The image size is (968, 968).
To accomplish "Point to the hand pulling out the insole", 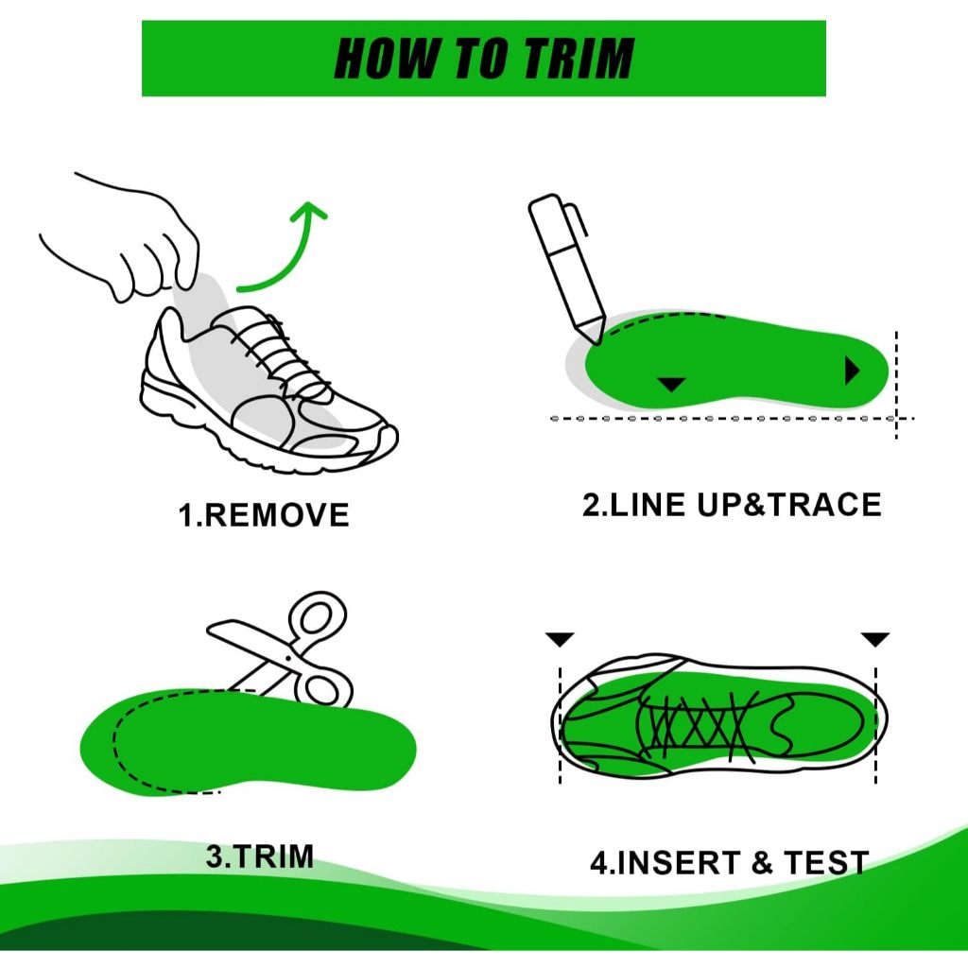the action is (124, 241).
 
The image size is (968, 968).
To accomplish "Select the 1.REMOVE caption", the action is (264, 515).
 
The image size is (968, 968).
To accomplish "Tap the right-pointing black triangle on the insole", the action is (853, 371).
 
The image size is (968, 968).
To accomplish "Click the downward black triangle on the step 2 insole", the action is (672, 384).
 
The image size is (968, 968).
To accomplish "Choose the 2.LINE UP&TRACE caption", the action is (732, 505).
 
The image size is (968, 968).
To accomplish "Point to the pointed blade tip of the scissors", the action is (211, 629).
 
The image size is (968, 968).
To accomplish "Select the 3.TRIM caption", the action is (260, 856).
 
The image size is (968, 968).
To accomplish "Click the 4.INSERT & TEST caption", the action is (730, 862).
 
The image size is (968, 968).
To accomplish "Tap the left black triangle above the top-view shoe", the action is (560, 640).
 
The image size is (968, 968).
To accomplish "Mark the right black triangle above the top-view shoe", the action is (875, 640).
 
